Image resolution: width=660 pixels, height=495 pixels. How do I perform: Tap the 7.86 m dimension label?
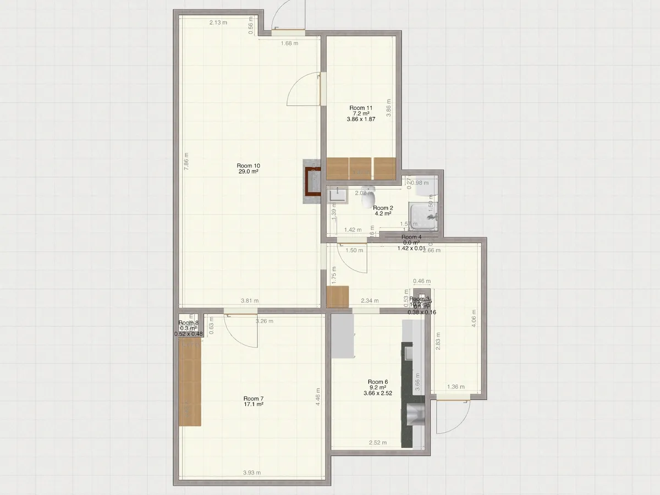(x=186, y=159)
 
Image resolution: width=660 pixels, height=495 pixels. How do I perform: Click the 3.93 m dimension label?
(x=251, y=472)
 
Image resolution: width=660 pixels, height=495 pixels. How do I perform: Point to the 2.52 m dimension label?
(x=377, y=442)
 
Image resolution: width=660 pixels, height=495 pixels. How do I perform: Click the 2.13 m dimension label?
(x=218, y=23)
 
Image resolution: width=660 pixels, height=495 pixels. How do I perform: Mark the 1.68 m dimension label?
(x=289, y=43)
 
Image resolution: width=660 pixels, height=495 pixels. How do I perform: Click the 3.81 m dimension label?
(x=250, y=301)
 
